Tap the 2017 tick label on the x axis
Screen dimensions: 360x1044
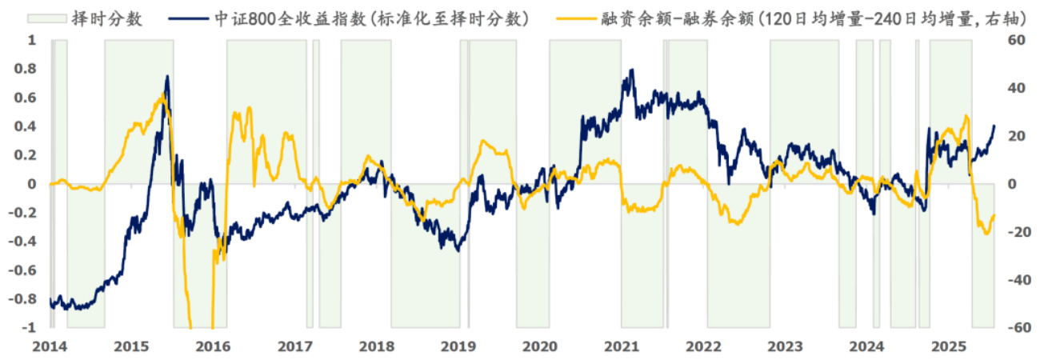coord(294,346)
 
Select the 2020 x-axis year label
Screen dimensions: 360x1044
coord(540,346)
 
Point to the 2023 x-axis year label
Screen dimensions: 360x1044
coord(785,346)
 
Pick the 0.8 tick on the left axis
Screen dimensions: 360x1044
coord(27,69)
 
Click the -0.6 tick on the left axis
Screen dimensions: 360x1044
coord(24,270)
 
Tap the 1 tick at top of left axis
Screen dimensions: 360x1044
coord(33,40)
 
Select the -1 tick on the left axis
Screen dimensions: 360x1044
coord(30,328)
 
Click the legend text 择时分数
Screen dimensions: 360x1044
coord(112,18)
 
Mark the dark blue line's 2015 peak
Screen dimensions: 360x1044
coord(167,77)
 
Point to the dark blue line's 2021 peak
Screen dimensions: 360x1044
coord(632,70)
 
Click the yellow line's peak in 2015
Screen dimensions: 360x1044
coord(162,94)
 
